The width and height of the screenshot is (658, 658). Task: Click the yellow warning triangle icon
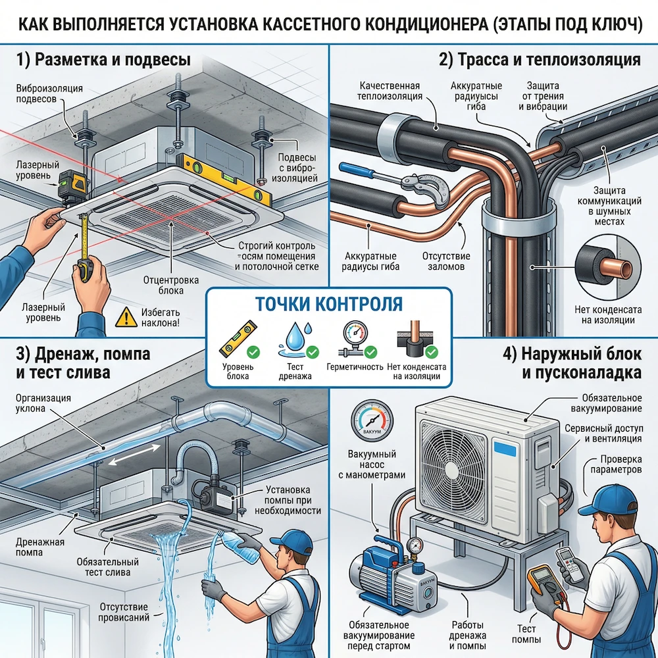[x=124, y=318]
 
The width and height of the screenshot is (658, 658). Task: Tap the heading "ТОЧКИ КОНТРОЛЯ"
[x=328, y=304]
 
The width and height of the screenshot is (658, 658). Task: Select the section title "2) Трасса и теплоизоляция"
[x=539, y=61]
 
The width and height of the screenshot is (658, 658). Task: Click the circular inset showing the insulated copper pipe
[x=603, y=269]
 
